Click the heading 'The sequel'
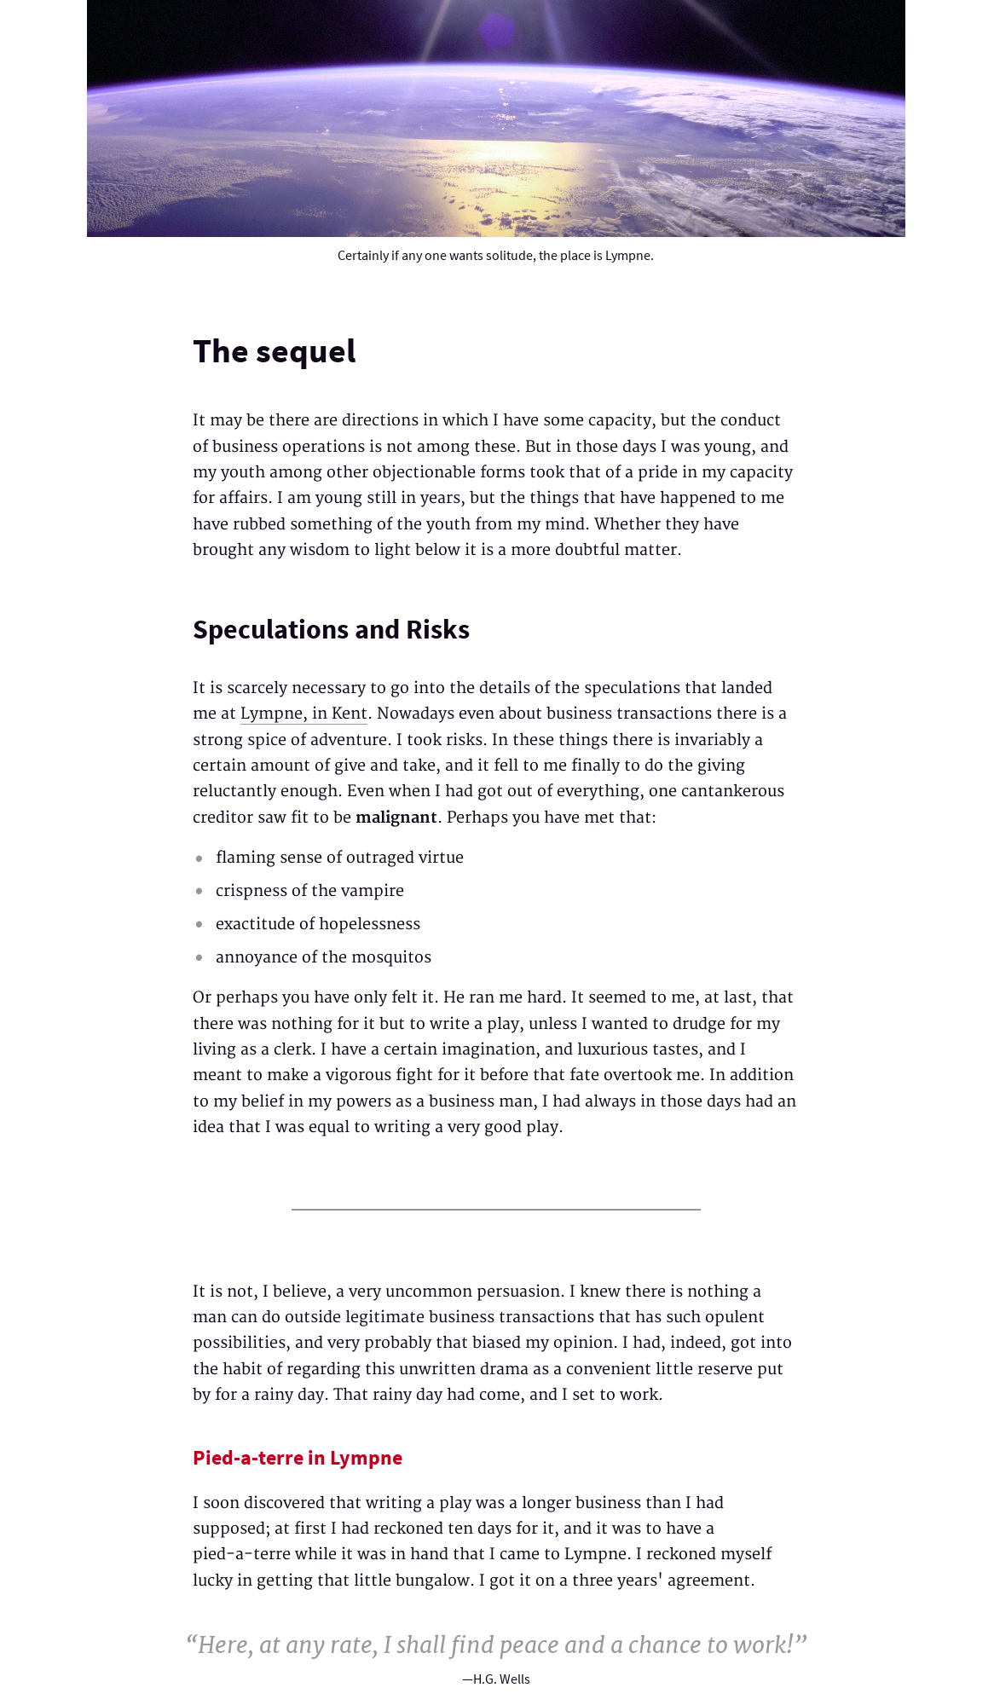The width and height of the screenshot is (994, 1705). pyautogui.click(x=274, y=351)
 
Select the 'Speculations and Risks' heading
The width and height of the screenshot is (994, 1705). pyautogui.click(x=331, y=629)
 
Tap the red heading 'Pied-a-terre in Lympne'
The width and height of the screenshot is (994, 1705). pyautogui.click(x=297, y=1458)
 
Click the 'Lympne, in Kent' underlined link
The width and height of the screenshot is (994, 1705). pyautogui.click(x=303, y=714)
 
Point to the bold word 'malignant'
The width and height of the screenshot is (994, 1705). pyautogui.click(x=396, y=818)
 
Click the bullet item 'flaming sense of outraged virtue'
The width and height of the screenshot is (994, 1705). pyautogui.click(x=339, y=858)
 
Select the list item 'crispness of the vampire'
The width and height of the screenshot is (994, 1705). pyautogui.click(x=309, y=891)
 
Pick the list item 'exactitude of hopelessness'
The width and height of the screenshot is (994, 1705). pyautogui.click(x=317, y=924)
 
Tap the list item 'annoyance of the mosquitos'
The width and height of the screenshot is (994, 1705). pyautogui.click(x=323, y=957)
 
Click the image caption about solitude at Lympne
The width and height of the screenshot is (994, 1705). pyautogui.click(x=495, y=256)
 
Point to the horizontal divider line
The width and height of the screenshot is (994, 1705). pyautogui.click(x=495, y=1210)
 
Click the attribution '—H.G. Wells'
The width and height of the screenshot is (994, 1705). pyautogui.click(x=495, y=1679)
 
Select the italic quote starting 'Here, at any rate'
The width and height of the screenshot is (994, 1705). pyautogui.click(x=495, y=1644)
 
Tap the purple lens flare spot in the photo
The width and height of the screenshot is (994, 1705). pyautogui.click(x=496, y=30)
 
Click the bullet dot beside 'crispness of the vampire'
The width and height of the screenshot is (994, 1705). pyautogui.click(x=199, y=892)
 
